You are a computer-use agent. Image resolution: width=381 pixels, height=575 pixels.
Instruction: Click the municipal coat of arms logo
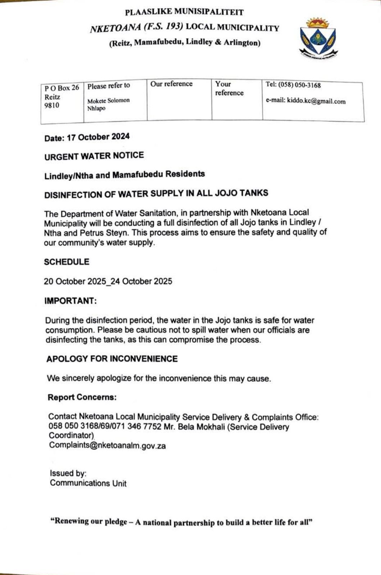(x=318, y=38)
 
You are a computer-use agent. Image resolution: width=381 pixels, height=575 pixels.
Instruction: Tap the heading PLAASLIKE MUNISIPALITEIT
(x=184, y=12)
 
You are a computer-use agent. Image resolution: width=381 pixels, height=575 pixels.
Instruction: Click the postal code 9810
(x=52, y=106)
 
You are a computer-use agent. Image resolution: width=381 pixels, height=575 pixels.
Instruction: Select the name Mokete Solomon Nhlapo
(x=108, y=104)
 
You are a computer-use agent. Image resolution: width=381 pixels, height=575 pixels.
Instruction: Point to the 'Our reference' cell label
(x=171, y=84)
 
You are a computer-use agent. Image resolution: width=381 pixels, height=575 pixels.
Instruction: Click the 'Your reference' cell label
(x=229, y=88)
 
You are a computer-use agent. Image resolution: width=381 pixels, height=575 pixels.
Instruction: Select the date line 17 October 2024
(x=87, y=137)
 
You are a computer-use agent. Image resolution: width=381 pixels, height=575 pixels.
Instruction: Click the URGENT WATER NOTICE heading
(x=94, y=156)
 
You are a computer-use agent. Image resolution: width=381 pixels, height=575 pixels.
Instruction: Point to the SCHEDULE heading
(x=67, y=262)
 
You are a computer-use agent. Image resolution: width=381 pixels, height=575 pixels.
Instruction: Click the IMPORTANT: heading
(x=71, y=301)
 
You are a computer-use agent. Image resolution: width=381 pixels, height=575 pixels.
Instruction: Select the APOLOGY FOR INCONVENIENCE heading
(x=112, y=359)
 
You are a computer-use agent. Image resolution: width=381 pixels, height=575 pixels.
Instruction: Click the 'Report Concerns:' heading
(x=82, y=397)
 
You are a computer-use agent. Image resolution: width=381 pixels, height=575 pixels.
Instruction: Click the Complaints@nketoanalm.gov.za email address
(x=107, y=445)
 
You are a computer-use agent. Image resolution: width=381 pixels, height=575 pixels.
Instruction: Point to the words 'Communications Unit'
(x=88, y=483)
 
